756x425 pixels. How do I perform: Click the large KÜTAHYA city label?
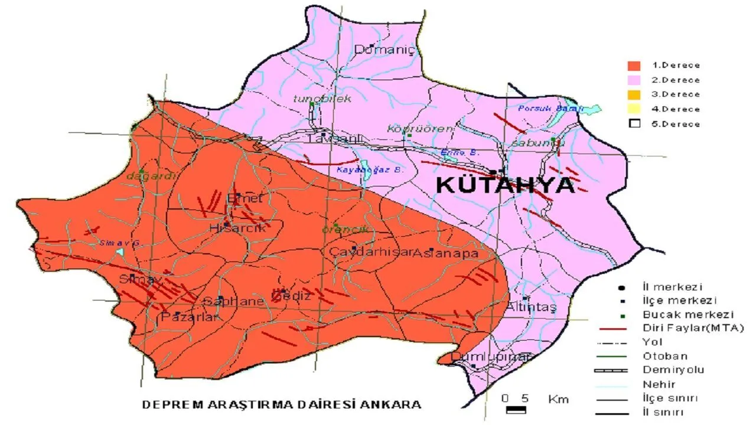pos(505,185)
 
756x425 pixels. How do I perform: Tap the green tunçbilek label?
pos(322,99)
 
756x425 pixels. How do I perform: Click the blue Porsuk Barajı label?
pos(550,109)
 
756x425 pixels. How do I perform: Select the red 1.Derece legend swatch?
pos(634,66)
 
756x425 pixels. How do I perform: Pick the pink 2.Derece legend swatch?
pos(634,80)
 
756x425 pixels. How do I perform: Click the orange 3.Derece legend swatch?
pos(634,94)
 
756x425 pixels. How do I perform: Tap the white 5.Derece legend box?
pos(634,124)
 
